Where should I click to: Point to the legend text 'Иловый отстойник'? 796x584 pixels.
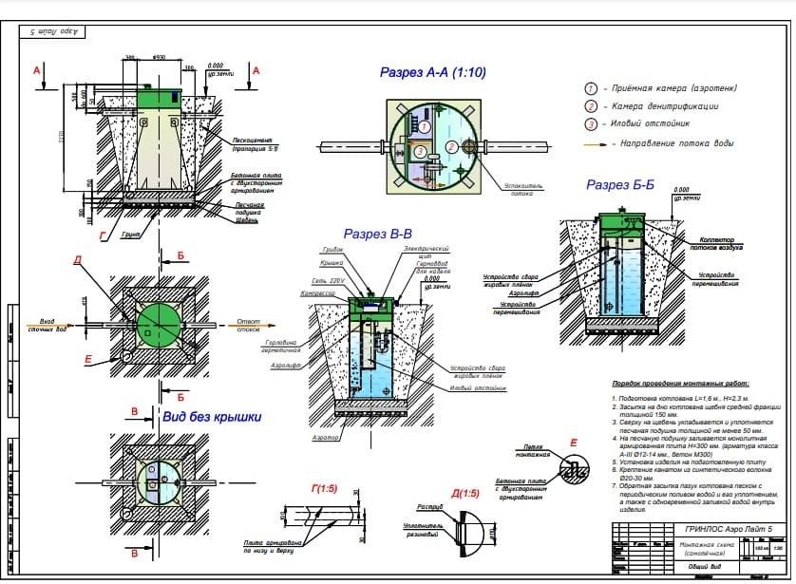click(x=650, y=123)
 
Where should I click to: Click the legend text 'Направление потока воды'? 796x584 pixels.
click(x=676, y=143)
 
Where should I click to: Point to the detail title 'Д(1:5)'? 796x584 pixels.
click(x=465, y=494)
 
